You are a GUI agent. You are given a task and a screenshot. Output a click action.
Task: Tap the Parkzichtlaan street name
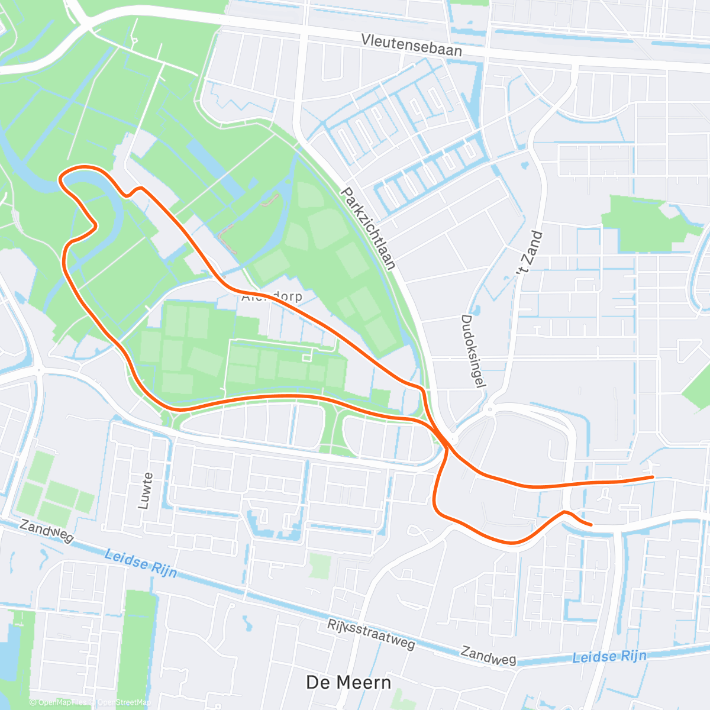(x=368, y=228)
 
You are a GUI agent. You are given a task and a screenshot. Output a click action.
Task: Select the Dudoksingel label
(x=473, y=351)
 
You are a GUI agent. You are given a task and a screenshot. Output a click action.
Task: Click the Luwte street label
(x=145, y=490)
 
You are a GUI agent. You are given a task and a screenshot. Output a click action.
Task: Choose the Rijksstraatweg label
(x=371, y=634)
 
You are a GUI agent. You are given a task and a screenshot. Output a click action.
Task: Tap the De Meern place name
(x=348, y=682)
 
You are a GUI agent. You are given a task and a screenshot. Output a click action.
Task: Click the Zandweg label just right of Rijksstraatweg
(x=488, y=655)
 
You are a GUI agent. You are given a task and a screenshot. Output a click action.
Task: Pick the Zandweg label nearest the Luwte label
(x=46, y=531)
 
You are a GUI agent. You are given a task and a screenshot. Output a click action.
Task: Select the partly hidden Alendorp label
(x=272, y=296)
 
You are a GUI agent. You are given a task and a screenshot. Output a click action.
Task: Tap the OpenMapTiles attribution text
(x=62, y=702)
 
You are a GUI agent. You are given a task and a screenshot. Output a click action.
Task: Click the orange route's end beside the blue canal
(x=590, y=524)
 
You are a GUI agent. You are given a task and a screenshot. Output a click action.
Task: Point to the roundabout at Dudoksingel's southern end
(x=489, y=409)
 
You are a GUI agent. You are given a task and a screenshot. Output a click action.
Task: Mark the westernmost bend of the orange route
(x=60, y=178)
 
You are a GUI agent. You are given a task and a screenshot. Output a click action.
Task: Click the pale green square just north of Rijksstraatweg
(x=320, y=566)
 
